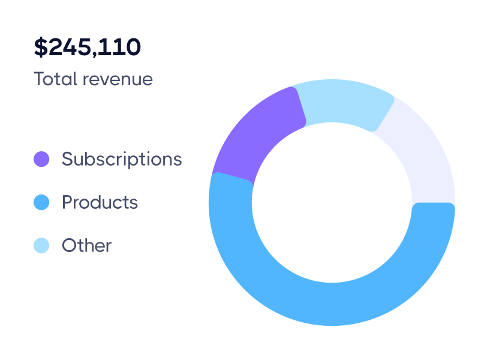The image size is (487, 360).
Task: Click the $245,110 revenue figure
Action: pos(88,47)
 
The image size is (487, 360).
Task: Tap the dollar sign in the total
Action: pos(40,47)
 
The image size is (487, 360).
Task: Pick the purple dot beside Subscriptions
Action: pos(41,159)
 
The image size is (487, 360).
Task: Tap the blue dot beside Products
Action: pos(41,202)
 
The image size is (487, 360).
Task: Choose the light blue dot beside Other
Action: pos(41,245)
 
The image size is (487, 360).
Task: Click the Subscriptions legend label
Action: pos(122,159)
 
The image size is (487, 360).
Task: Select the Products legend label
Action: pos(100,202)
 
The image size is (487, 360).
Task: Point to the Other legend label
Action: pos(87,245)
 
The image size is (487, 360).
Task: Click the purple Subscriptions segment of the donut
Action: pos(258,135)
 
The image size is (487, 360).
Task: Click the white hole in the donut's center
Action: pos(332,203)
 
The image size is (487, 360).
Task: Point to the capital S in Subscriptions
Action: pos(67,159)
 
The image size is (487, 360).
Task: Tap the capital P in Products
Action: pos(67,202)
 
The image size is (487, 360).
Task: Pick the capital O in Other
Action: pos(68,245)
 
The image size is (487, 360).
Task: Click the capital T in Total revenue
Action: pos(39,79)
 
